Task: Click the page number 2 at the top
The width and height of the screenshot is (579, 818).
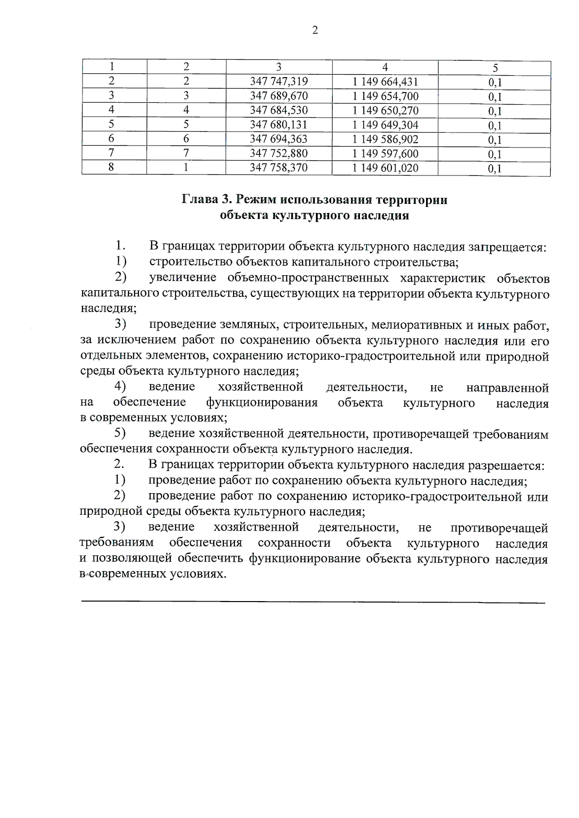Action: click(315, 31)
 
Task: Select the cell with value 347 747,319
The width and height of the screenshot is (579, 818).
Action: click(279, 82)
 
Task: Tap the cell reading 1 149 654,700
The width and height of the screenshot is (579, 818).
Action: click(385, 96)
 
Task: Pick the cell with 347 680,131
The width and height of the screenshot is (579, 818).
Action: click(279, 125)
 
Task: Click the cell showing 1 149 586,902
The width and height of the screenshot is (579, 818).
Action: click(385, 140)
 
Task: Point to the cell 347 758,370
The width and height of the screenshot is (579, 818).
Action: click(279, 168)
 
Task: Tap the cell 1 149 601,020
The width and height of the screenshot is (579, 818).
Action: click(385, 168)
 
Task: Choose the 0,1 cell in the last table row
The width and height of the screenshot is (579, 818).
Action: click(495, 169)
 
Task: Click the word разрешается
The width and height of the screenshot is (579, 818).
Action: click(507, 466)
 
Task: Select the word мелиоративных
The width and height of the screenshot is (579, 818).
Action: click(411, 326)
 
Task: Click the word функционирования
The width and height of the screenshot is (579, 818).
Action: click(262, 403)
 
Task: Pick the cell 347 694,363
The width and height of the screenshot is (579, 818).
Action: click(279, 140)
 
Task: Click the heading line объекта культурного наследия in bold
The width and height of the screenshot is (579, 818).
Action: click(314, 215)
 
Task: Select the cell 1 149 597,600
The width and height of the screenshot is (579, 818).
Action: click(385, 154)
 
